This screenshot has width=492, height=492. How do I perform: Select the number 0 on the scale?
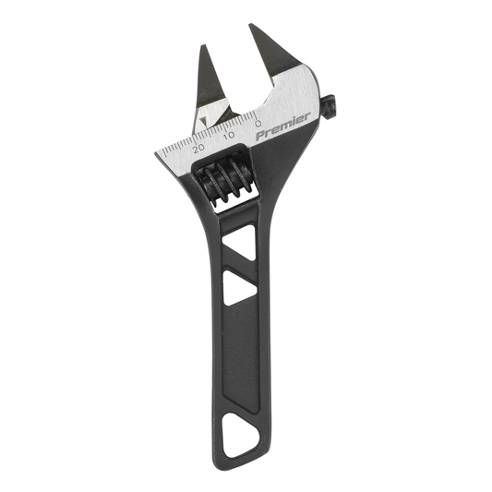click(258, 123)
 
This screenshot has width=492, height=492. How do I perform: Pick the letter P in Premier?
click(260, 135)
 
